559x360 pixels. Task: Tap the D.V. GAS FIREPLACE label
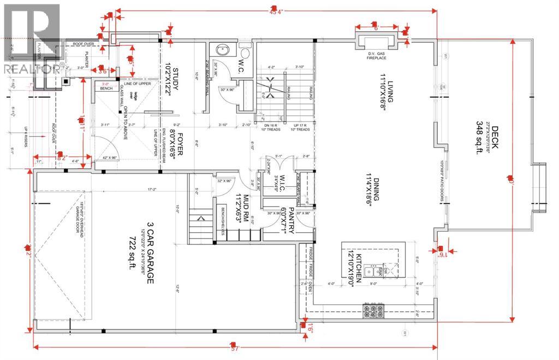tap(376, 55)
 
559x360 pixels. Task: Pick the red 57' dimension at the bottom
tap(235, 349)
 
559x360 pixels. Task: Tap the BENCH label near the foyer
tap(106, 87)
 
